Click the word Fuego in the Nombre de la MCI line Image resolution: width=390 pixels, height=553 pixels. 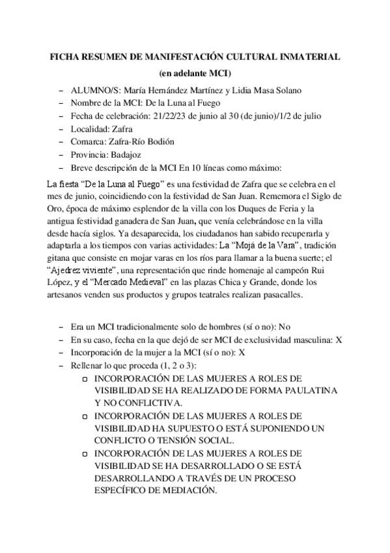(208, 103)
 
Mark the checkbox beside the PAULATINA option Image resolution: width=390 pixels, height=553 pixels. (85, 378)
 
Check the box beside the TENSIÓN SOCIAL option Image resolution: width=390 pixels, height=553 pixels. (85, 415)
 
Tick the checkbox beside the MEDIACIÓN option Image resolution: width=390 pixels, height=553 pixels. (85, 453)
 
